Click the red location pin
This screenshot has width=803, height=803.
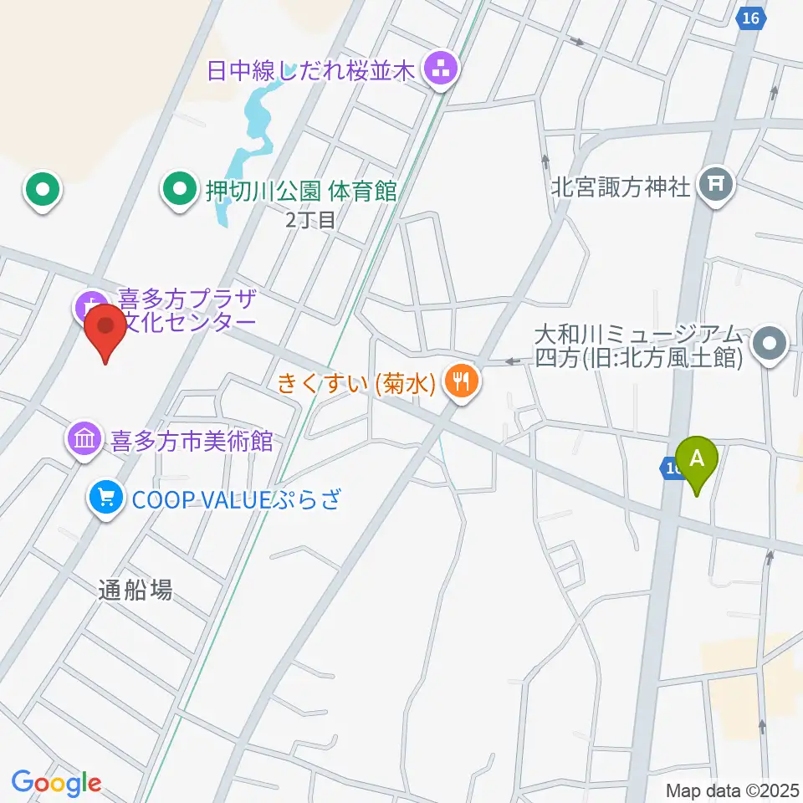click(106, 331)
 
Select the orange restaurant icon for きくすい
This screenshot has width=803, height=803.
click(461, 384)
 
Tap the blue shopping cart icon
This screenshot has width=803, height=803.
click(105, 499)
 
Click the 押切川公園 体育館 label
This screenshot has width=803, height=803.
click(301, 191)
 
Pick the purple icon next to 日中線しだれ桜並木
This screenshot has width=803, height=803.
click(440, 71)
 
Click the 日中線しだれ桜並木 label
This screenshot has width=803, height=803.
click(312, 71)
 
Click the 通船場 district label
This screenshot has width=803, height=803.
click(135, 590)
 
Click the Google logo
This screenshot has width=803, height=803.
click(56, 784)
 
